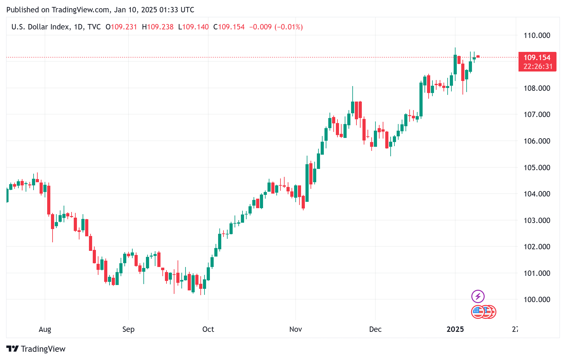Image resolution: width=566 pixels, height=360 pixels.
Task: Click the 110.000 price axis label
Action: pyautogui.click(x=537, y=35)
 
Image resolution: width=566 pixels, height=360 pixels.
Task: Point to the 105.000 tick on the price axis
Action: pyautogui.click(x=537, y=167)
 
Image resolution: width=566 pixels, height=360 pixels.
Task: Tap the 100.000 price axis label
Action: pyautogui.click(x=537, y=299)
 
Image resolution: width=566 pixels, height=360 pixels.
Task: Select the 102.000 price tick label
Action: pyautogui.click(x=537, y=246)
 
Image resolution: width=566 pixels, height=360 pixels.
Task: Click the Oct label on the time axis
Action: pyautogui.click(x=208, y=329)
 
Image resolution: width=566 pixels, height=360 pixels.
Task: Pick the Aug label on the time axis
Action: pyautogui.click(x=45, y=329)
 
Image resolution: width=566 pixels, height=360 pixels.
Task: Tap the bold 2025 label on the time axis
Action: pyautogui.click(x=455, y=329)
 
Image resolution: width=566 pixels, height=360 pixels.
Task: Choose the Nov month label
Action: pyautogui.click(x=295, y=329)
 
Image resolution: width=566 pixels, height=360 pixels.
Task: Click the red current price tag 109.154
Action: pyautogui.click(x=537, y=58)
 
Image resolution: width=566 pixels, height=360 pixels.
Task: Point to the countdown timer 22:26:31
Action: pyautogui.click(x=538, y=66)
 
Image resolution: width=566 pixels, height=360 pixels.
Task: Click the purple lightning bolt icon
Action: pyautogui.click(x=478, y=296)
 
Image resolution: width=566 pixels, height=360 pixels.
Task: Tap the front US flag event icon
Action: pyautogui.click(x=478, y=312)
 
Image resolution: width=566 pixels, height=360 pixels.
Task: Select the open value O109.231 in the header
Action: pyautogui.click(x=121, y=27)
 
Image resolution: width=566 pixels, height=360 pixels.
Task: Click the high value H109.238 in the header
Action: pyautogui.click(x=158, y=27)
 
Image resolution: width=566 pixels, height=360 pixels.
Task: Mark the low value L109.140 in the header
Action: pyautogui.click(x=193, y=27)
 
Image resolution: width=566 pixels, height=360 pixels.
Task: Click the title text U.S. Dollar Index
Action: pyautogui.click(x=41, y=27)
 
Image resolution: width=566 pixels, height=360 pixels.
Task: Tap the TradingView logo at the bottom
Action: pyautogui.click(x=36, y=349)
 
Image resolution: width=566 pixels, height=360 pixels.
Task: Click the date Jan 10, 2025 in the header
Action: pyautogui.click(x=135, y=10)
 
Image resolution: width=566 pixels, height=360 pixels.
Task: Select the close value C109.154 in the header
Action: pyautogui.click(x=229, y=27)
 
